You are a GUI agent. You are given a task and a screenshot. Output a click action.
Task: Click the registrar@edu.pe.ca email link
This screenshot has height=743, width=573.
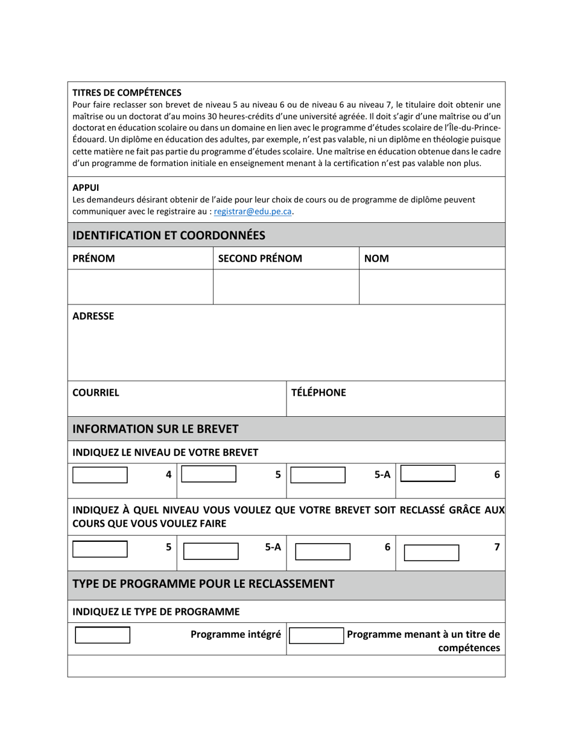pos(253,211)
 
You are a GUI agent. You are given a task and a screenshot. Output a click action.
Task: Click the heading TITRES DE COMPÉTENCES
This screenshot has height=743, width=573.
pos(127,92)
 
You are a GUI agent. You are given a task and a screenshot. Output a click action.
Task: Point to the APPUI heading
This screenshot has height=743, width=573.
pos(86,187)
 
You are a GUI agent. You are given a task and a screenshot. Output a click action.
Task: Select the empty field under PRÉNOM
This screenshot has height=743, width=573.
pos(140,287)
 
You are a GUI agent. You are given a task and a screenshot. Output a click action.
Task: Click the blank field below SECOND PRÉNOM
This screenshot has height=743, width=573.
pos(286,287)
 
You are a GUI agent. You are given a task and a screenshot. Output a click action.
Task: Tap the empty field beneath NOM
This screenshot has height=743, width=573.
pos(432,287)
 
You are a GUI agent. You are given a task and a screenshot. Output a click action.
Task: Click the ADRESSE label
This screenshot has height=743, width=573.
pos(93,316)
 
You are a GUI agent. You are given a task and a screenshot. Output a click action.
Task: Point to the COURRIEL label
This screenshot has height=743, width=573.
pos(96,393)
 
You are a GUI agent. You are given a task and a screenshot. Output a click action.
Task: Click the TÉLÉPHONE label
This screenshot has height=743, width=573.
pos(318,393)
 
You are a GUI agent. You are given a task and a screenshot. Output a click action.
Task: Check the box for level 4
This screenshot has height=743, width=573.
pos(100,475)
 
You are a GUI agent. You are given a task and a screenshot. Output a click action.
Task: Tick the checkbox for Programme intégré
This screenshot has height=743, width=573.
pos(103,635)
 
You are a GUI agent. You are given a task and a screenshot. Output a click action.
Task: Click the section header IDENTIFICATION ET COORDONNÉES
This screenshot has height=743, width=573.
pos(169,234)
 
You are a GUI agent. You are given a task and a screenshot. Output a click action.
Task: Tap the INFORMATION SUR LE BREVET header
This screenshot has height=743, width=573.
pos(156,429)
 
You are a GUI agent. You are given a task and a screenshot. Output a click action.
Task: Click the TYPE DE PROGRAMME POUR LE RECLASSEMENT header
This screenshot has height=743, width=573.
pos(203,584)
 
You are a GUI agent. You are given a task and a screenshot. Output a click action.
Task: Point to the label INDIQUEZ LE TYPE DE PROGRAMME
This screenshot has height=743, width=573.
pos(156,611)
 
